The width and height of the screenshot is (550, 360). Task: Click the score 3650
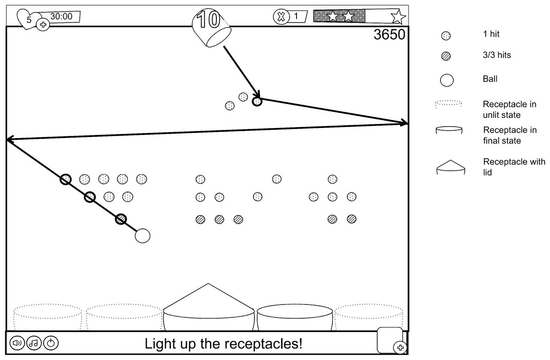[x=389, y=35]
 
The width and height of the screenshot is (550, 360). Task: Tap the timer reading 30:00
[x=61, y=17]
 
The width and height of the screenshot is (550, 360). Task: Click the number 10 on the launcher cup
[x=208, y=20]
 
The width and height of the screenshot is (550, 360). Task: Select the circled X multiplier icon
[x=280, y=17]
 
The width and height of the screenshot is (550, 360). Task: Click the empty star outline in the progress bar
[x=398, y=17]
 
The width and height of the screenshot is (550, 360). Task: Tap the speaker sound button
[x=17, y=343]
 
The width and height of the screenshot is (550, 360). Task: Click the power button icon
[x=51, y=343]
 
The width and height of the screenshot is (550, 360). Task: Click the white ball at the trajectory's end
[x=143, y=235]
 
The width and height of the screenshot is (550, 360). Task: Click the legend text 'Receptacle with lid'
[x=514, y=167]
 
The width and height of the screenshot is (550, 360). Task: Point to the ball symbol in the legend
[x=446, y=80]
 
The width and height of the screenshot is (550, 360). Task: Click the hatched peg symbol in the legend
[x=445, y=56]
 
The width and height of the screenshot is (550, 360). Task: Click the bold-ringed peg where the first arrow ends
[x=257, y=101]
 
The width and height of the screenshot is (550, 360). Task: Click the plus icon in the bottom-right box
[x=400, y=348]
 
